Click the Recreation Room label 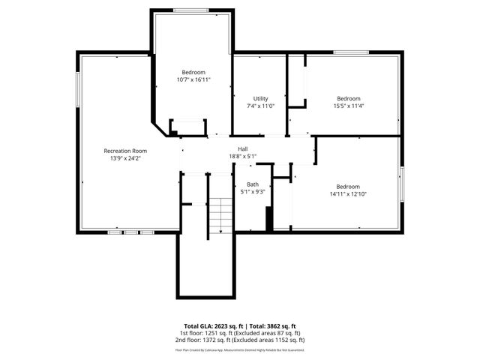click(124, 151)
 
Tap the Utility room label click(260, 99)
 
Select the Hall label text click(243, 149)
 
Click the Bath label click(253, 184)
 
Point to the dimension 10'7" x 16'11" click(193, 79)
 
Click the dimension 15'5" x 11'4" click(348, 106)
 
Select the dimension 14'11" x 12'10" click(347, 194)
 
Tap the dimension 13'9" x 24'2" click(124, 158)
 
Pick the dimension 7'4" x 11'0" click(260, 106)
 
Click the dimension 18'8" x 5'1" click(243, 157)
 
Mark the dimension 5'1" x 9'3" click(253, 192)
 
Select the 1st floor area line click(240, 333)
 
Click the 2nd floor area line click(240, 340)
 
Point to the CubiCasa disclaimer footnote click(240, 349)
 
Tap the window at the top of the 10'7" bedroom click(192, 10)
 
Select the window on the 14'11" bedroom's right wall click(401, 184)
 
